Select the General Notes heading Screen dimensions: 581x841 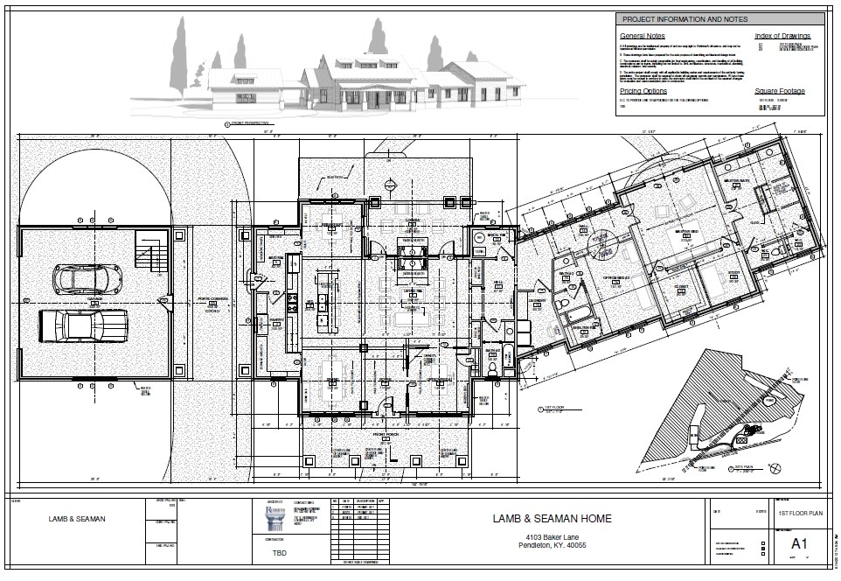pos(643,36)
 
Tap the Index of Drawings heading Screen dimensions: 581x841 pos(782,36)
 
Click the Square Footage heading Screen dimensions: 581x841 pos(780,90)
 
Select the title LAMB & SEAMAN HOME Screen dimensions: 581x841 pos(552,518)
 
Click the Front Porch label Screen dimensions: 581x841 pos(386,434)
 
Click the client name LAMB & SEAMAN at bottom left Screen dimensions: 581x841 pos(77,519)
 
